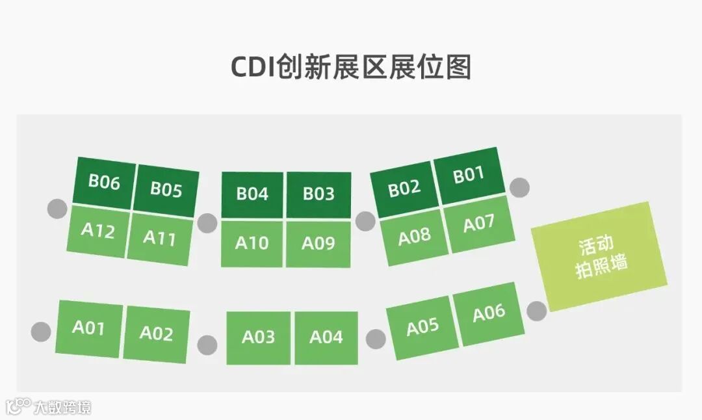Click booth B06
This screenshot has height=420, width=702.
point(105,182)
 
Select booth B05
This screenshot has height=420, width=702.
point(166,190)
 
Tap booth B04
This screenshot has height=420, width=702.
point(252,194)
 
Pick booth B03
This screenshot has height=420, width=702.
point(318,194)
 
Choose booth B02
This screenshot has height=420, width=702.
point(404,189)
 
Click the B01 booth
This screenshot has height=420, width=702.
point(469,175)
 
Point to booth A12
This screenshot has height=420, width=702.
point(98,230)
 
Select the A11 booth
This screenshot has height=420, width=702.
point(160,238)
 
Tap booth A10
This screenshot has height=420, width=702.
point(252,243)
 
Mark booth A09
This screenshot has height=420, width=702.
point(318,243)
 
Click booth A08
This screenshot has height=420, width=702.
point(414,236)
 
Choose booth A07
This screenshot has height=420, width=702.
point(479,224)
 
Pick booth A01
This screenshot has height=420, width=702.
point(88,328)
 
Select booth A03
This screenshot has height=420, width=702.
point(258,337)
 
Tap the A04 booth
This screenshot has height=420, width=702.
point(326,337)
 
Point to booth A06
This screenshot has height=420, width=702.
point(489,313)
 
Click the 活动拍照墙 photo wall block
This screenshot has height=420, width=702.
point(600,256)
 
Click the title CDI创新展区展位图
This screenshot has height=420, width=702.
point(351,67)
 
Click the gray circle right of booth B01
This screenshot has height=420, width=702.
point(519,187)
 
